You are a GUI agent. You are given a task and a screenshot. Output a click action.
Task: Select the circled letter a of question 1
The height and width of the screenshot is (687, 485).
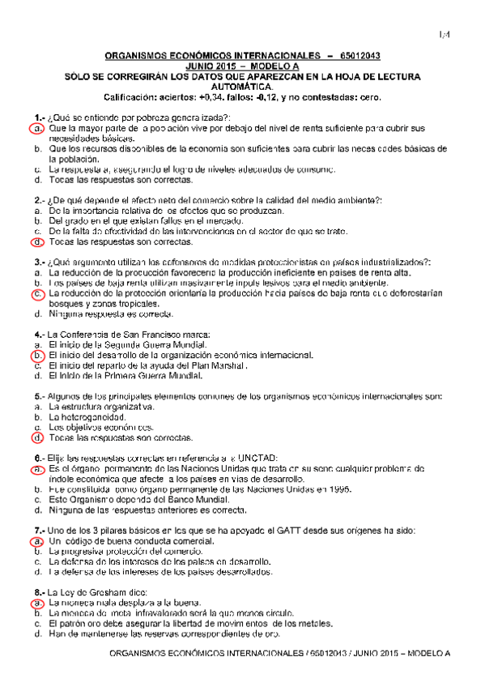click(x=37, y=129)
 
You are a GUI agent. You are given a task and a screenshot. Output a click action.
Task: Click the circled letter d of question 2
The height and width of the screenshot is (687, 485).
click(x=37, y=242)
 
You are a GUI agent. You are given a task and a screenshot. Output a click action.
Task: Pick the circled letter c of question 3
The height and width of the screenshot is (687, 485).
click(x=37, y=294)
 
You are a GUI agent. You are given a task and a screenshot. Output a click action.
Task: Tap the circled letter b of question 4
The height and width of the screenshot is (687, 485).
click(x=37, y=355)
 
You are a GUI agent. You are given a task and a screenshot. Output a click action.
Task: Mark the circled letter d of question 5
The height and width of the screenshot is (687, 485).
click(x=37, y=437)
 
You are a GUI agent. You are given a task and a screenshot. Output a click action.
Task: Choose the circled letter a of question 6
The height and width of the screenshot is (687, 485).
click(x=37, y=468)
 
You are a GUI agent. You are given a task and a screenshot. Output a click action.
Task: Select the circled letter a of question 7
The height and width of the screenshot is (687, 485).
click(x=37, y=540)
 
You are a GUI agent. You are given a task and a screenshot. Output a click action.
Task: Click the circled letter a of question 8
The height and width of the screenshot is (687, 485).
click(x=37, y=603)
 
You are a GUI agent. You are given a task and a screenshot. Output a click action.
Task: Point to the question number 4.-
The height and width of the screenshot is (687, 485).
click(x=40, y=334)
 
